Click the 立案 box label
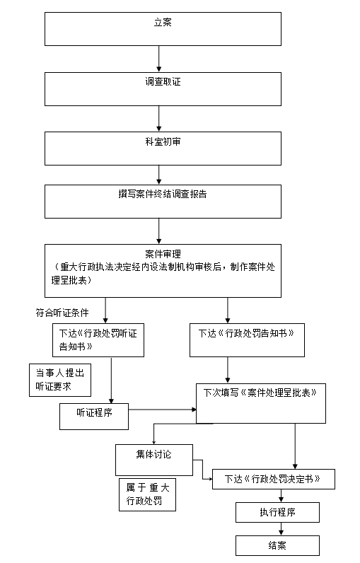tap(163, 22)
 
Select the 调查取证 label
tap(163, 82)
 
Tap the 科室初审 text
tap(163, 142)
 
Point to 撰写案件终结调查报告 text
tap(163, 195)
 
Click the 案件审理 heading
tap(163, 254)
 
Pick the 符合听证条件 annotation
tap(62, 313)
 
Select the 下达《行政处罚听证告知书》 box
tap(98, 340)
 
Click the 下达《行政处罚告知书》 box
tap(247, 340)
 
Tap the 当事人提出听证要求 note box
tap(60, 380)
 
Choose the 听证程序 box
tap(94, 417)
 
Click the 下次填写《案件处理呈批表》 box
tap(261, 403)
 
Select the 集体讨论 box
tap(154, 460)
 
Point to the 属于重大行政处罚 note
tap(148, 494)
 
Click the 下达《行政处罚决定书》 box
tap(274, 479)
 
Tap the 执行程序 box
tap(277, 512)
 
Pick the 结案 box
tap(277, 545)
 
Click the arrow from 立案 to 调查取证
tap(158, 59)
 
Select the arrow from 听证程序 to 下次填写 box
tap(162, 410)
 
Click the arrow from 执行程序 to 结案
tap(281, 529)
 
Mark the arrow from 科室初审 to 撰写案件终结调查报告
tap(158, 175)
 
